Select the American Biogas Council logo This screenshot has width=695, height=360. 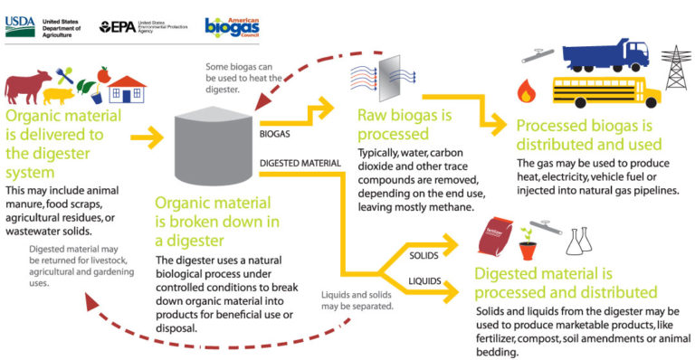[x=233, y=26]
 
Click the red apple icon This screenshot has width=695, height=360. [x=103, y=73]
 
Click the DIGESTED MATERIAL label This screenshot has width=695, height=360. [x=300, y=164]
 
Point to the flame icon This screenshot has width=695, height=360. [x=524, y=91]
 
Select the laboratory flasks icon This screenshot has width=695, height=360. [x=576, y=241]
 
